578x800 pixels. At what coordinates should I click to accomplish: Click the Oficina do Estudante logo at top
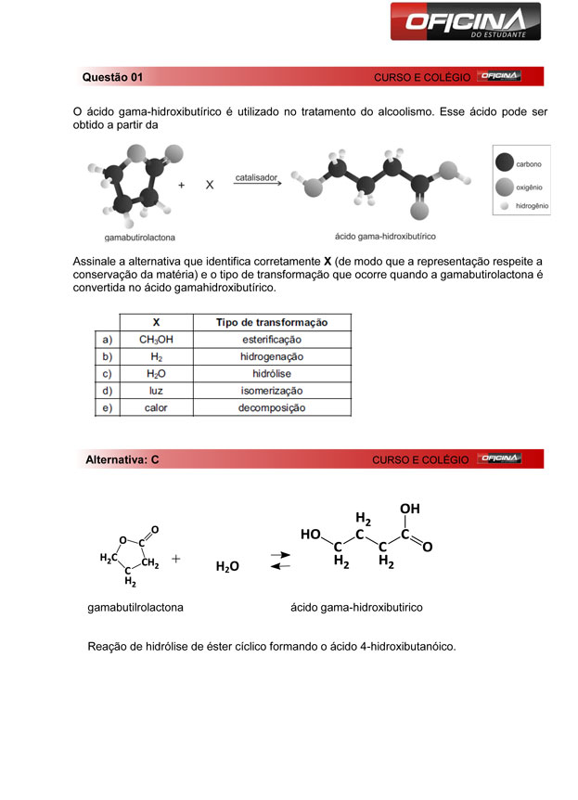[x=464, y=21]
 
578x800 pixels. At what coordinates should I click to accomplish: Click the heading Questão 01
[x=112, y=76]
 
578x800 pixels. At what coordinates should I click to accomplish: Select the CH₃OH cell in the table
[x=156, y=340]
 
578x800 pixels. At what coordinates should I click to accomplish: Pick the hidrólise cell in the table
[x=271, y=373]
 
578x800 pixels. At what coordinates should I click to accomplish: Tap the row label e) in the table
[x=108, y=407]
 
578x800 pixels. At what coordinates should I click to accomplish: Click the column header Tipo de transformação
[x=271, y=322]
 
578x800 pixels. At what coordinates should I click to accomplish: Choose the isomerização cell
[x=271, y=391]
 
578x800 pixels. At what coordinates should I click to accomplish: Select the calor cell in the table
[x=156, y=407]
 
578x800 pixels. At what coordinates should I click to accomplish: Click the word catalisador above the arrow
[x=256, y=175]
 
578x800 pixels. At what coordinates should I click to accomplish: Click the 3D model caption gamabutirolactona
[x=141, y=237]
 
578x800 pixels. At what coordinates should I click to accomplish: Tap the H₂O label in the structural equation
[x=227, y=566]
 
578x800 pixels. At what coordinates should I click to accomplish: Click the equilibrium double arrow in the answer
[x=279, y=561]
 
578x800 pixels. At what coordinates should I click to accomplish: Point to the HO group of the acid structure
[x=311, y=534]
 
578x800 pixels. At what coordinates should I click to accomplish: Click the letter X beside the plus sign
[x=210, y=185]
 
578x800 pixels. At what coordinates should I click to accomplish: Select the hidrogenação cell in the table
[x=271, y=356]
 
